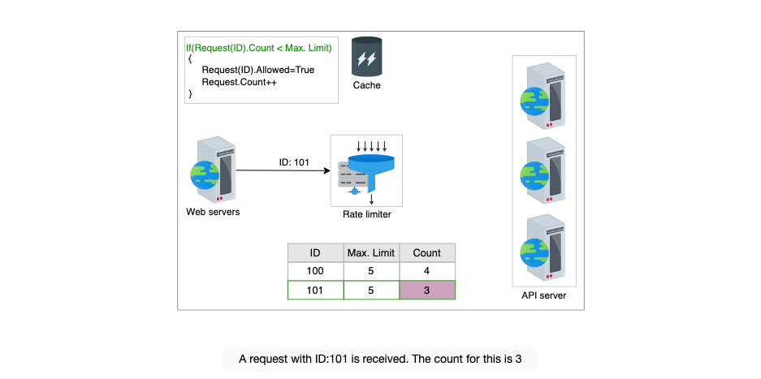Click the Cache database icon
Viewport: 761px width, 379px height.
(367, 57)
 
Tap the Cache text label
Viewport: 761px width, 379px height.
(367, 85)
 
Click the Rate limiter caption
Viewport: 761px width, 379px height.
(367, 213)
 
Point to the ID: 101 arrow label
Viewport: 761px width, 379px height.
(294, 162)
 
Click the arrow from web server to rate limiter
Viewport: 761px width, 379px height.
(282, 170)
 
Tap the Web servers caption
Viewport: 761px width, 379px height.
(213, 212)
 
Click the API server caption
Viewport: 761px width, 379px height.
(544, 295)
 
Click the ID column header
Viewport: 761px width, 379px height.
(315, 253)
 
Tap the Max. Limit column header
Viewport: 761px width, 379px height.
(371, 253)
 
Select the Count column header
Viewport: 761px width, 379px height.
(427, 253)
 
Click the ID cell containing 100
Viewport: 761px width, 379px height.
(315, 271)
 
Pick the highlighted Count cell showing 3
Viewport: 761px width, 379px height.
(427, 291)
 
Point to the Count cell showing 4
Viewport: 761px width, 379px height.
(427, 271)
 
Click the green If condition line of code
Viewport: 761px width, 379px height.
(259, 48)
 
